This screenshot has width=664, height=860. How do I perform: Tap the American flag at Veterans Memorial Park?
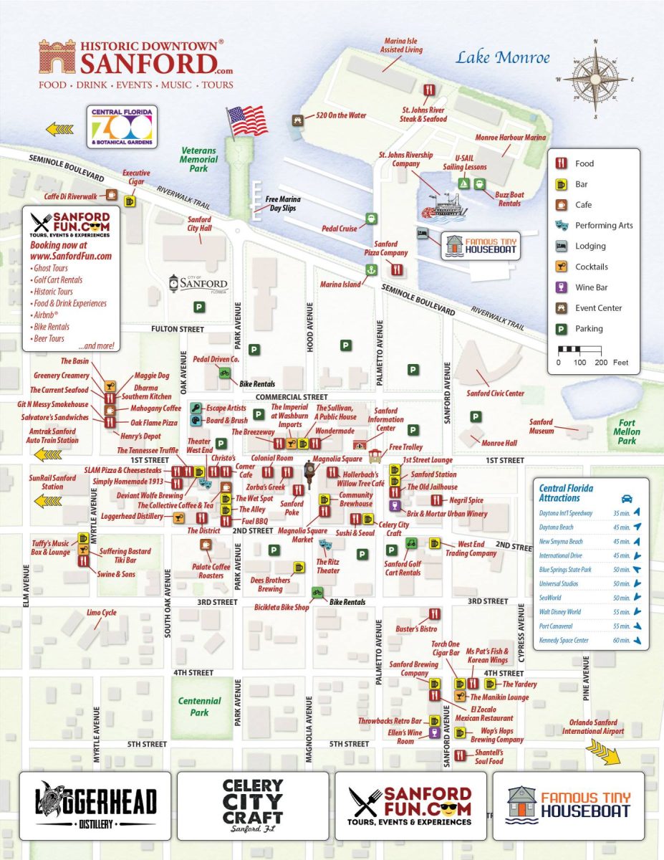pyautogui.click(x=246, y=120)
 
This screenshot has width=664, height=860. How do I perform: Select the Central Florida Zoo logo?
pyautogui.click(x=120, y=127)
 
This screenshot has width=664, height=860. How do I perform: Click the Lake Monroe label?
pyautogui.click(x=503, y=58)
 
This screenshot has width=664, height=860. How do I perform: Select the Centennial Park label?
pyautogui.click(x=199, y=707)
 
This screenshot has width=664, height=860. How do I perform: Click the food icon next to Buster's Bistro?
pyautogui.click(x=434, y=614)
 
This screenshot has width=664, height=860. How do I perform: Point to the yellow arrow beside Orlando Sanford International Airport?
pyautogui.click(x=603, y=750)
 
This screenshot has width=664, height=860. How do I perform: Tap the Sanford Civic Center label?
pyautogui.click(x=495, y=393)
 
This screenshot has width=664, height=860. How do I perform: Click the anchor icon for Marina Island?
pyautogui.click(x=371, y=269)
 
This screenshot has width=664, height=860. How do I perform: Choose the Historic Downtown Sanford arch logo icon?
pyautogui.click(x=57, y=58)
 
